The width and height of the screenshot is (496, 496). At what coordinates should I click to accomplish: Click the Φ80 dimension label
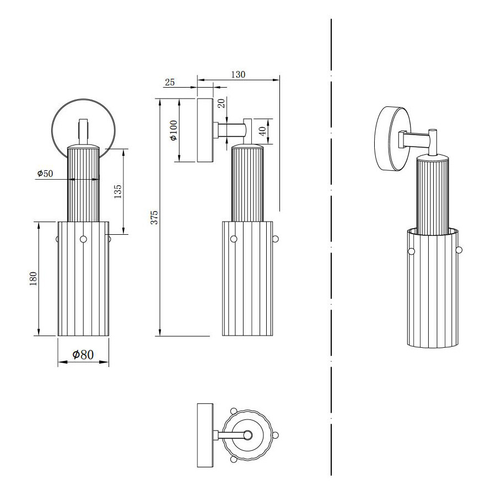pos(83,354)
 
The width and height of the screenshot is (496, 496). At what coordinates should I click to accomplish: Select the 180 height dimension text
pos(33,279)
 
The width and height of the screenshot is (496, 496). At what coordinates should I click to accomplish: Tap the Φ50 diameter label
pos(45,174)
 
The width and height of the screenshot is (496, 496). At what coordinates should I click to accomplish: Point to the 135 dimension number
pos(117,191)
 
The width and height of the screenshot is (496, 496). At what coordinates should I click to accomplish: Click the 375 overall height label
pos(154,217)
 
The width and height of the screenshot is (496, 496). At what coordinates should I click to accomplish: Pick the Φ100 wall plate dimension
pos(174,130)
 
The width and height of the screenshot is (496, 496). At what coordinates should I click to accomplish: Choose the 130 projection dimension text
pos(238,74)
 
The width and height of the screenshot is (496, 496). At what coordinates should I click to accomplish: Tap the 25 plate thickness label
pos(170,82)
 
